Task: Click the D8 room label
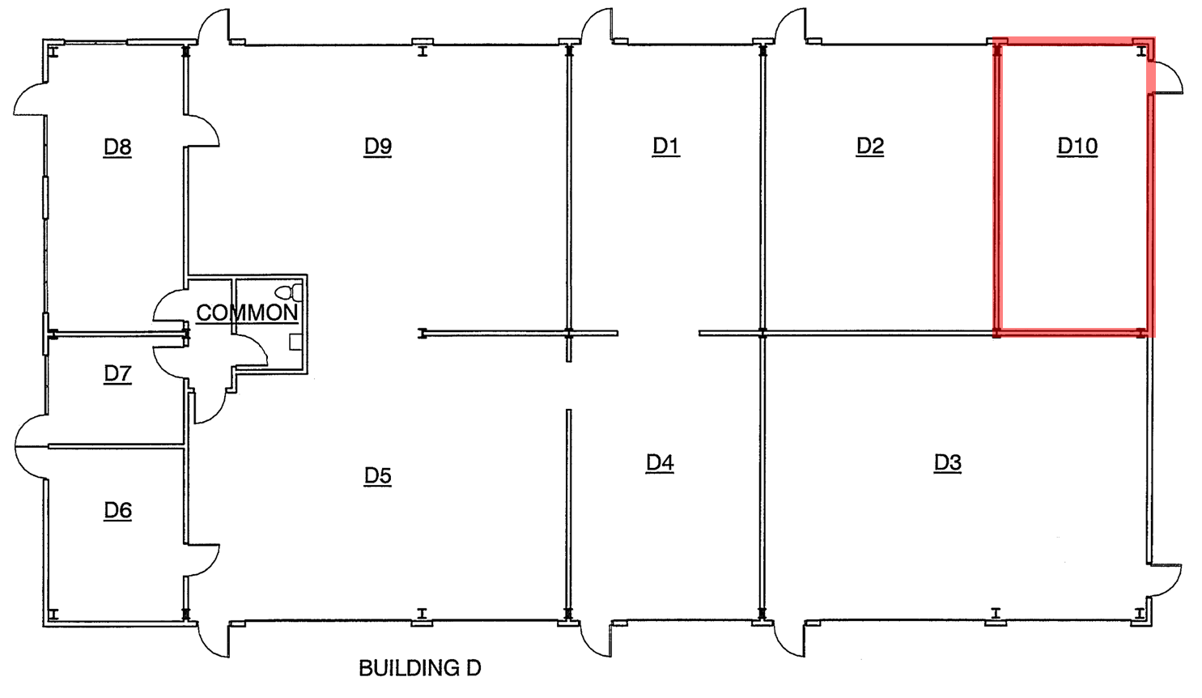coord(117,147)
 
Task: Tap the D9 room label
coord(378,147)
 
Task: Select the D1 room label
coord(666,147)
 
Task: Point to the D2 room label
coord(870,147)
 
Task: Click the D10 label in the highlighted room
coord(1077,147)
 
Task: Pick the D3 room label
coord(948,463)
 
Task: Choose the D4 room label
coord(660,463)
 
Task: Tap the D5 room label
coord(378,476)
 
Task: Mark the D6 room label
coord(117,511)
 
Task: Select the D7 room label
coord(117,374)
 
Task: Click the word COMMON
coord(247,313)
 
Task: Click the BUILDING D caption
coord(419,668)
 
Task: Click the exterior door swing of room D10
coord(1168,79)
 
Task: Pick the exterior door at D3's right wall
coord(1166,578)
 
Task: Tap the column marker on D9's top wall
coord(422,49)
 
